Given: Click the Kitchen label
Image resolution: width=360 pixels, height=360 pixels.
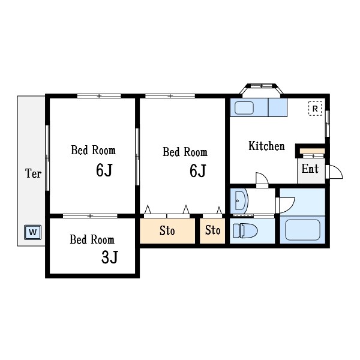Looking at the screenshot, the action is [x=266, y=146].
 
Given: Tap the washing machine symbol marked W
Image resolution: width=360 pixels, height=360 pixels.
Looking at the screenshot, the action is [x=33, y=232].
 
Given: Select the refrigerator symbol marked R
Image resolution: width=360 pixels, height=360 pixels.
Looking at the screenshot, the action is [x=315, y=109].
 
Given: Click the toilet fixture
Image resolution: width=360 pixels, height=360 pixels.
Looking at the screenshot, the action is [x=245, y=230].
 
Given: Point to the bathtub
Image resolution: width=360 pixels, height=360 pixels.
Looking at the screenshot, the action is [x=302, y=230].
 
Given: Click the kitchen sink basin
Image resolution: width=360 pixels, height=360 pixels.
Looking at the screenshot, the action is [x=244, y=107].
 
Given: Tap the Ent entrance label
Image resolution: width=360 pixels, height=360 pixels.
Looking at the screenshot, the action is [x=310, y=169].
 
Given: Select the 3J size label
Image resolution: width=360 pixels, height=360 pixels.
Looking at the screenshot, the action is [x=110, y=257].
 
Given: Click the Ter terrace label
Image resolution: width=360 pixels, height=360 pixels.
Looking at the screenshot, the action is [x=33, y=173].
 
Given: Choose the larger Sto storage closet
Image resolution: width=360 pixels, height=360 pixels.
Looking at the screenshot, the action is [x=167, y=231].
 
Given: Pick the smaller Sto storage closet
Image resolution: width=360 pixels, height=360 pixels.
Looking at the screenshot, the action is [x=212, y=231].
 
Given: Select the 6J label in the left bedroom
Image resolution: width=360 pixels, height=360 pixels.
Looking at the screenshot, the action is [x=104, y=170].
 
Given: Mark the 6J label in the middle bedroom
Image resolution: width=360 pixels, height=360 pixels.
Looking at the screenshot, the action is [x=198, y=170].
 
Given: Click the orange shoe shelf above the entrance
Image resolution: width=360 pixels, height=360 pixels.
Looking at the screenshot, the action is [x=312, y=151].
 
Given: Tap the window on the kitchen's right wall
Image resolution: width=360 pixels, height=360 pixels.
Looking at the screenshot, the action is [x=328, y=124].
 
